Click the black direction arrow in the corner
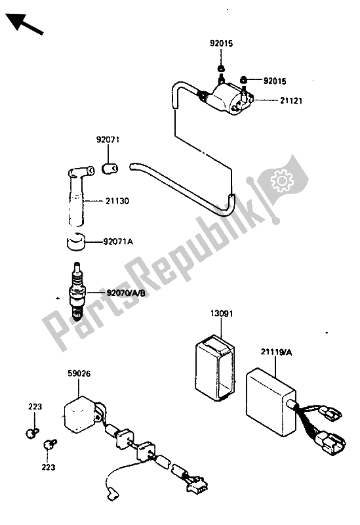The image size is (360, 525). click(24, 24)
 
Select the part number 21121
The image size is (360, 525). click(290, 100)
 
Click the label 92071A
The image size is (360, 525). click(118, 241)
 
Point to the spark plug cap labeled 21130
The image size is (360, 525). click(79, 195)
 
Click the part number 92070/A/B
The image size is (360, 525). click(125, 293)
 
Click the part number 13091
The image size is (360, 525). click(222, 314)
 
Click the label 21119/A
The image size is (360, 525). click(276, 352)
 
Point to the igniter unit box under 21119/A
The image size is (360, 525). click(271, 402)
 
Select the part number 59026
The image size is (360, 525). click(79, 373)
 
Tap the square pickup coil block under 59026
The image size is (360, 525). click(80, 413)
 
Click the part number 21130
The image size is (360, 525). click(117, 201)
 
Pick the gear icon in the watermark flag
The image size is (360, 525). click(282, 180)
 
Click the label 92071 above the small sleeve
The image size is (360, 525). click(108, 139)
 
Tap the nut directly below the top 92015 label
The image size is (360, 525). click(221, 68)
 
